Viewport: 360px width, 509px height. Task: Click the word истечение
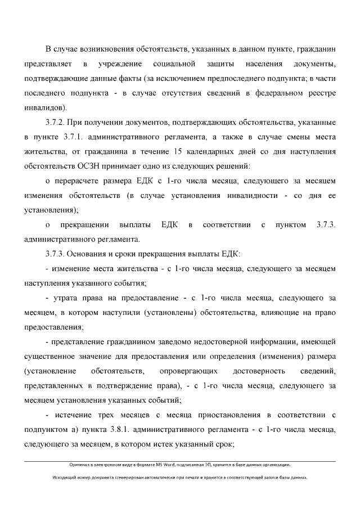(x=76, y=416)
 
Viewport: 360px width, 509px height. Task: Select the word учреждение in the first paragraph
(x=119, y=63)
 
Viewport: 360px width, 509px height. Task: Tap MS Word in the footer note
(x=159, y=465)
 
